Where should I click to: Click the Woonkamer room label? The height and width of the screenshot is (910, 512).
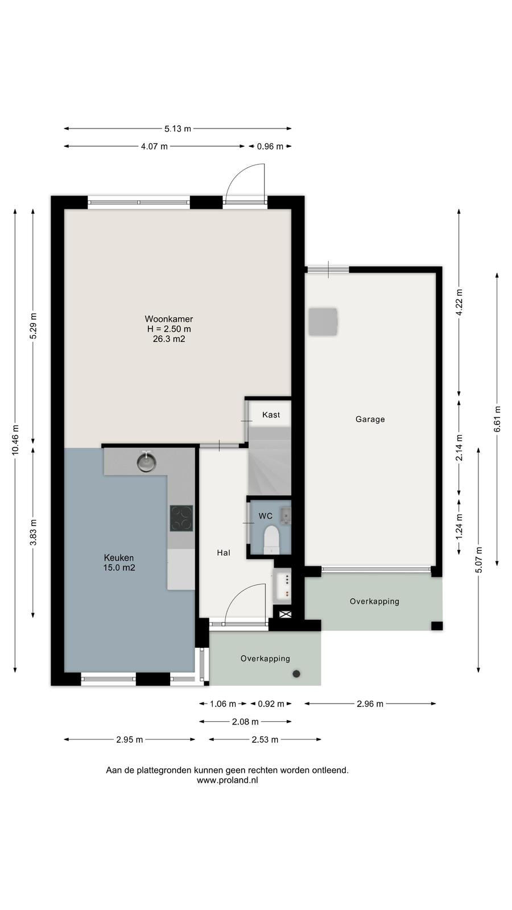168,319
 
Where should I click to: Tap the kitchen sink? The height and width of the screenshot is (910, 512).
146,461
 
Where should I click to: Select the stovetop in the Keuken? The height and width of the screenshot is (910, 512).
181,518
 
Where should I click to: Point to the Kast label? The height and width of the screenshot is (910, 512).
271,415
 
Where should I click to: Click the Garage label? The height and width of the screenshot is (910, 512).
370,419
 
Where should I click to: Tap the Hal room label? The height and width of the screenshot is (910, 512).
224,552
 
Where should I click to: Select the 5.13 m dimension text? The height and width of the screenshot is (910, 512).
177,129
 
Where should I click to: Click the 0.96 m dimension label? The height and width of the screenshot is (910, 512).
270,146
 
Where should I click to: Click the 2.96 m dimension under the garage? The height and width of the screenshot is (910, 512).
370,704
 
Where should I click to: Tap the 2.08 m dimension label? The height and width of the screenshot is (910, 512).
245,722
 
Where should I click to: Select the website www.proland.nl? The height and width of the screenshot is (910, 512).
227,780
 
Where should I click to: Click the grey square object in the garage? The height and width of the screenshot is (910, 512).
323,322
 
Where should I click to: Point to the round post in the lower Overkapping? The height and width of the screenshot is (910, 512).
296,673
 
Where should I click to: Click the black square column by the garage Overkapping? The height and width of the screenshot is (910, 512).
437,626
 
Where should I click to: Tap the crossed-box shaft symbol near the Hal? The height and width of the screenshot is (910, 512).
285,614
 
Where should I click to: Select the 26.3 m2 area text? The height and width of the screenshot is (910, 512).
168,339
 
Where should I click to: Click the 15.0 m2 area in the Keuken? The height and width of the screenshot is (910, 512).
119,568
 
